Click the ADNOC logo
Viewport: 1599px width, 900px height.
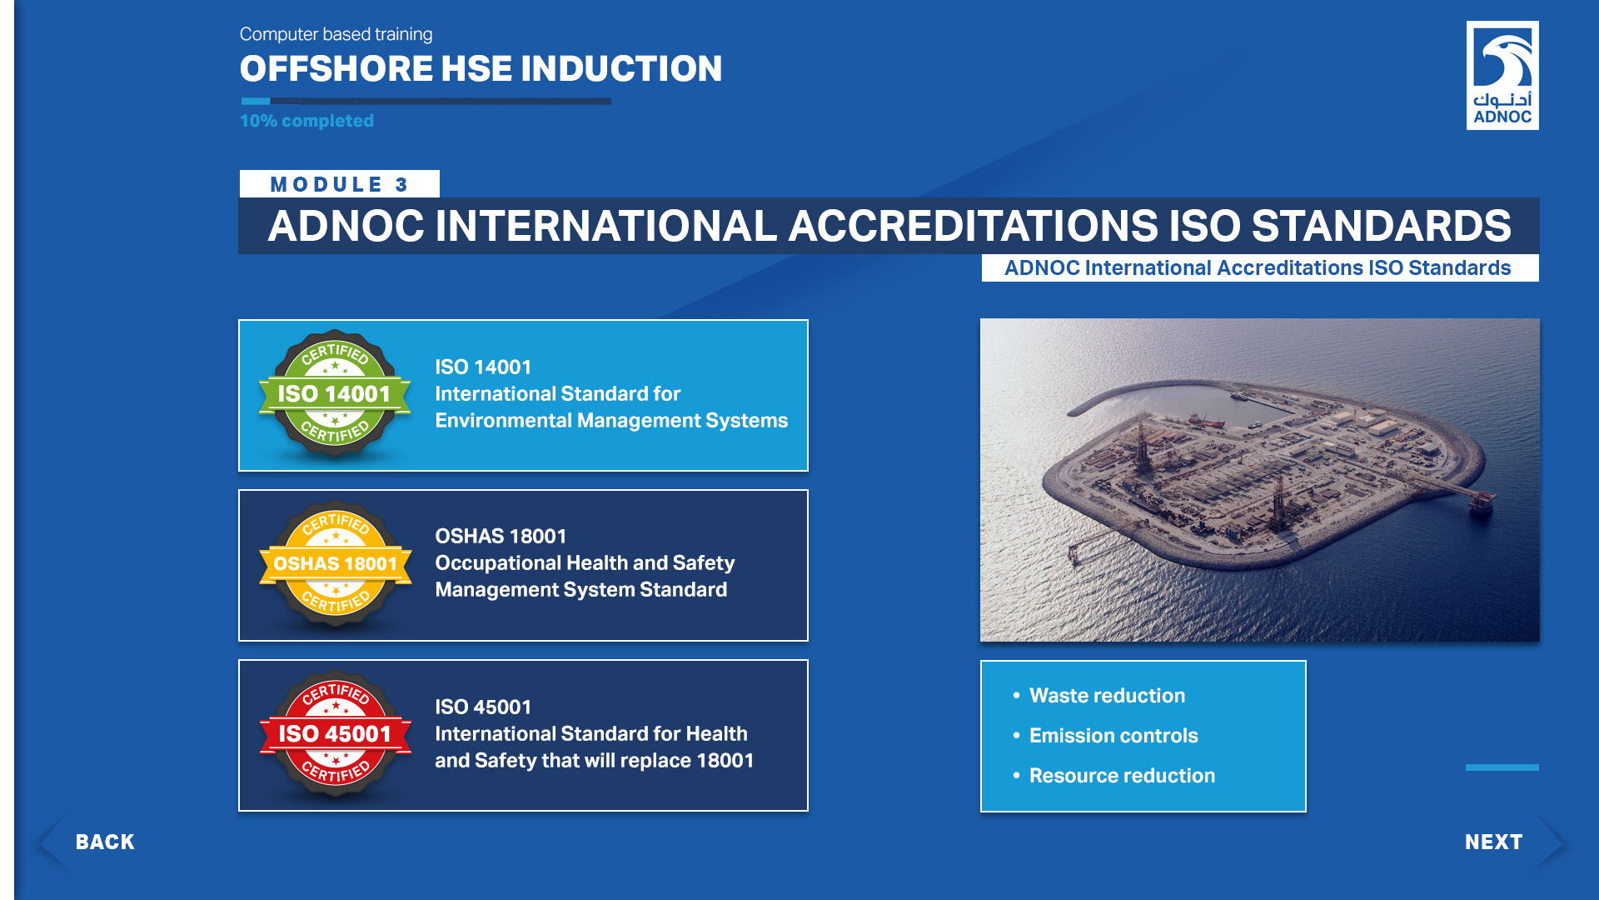point(1502,75)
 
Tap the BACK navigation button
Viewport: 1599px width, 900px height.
point(92,842)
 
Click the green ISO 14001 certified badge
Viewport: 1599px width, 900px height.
point(335,394)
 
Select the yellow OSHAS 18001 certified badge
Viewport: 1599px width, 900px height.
point(335,564)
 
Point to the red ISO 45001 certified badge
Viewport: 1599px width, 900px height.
point(335,734)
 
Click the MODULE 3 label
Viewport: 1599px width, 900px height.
point(339,184)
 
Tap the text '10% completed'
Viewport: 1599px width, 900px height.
point(306,121)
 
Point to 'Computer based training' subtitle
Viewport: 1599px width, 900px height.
point(336,34)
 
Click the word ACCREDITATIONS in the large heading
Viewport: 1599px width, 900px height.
point(973,226)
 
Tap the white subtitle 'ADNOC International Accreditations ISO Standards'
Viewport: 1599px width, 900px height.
point(1258,267)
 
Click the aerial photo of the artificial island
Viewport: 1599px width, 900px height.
point(1260,480)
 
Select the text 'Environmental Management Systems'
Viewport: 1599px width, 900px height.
point(611,421)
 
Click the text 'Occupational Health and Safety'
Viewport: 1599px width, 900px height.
point(585,563)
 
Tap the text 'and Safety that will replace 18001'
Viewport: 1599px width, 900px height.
point(594,761)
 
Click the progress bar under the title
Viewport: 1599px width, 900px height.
point(426,102)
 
